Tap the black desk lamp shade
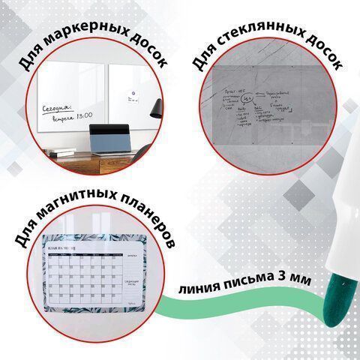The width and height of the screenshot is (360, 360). [x=155, y=111]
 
